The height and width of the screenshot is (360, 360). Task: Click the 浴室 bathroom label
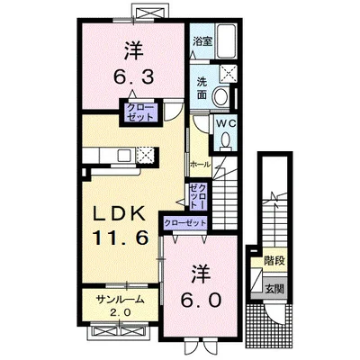click(202, 41)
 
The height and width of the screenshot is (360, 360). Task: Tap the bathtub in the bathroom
click(227, 41)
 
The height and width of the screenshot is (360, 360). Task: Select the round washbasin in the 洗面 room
click(221, 95)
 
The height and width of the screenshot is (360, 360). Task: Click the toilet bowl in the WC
click(225, 140)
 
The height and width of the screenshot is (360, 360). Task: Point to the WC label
click(227, 123)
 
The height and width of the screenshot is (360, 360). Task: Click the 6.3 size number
click(133, 77)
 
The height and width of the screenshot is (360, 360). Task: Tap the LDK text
click(119, 214)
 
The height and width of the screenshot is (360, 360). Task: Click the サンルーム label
click(120, 300)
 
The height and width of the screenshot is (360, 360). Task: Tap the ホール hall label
click(200, 165)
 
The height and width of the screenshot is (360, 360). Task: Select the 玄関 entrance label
click(274, 289)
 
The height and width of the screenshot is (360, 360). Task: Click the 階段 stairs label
click(274, 261)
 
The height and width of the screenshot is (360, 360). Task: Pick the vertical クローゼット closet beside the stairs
click(198, 196)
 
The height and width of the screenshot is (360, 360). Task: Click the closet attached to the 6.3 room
click(140, 112)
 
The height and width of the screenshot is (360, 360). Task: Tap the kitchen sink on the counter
click(123, 156)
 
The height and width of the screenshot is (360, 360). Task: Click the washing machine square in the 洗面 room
click(229, 73)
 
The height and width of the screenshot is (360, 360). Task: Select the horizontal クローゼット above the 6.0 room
click(185, 223)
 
